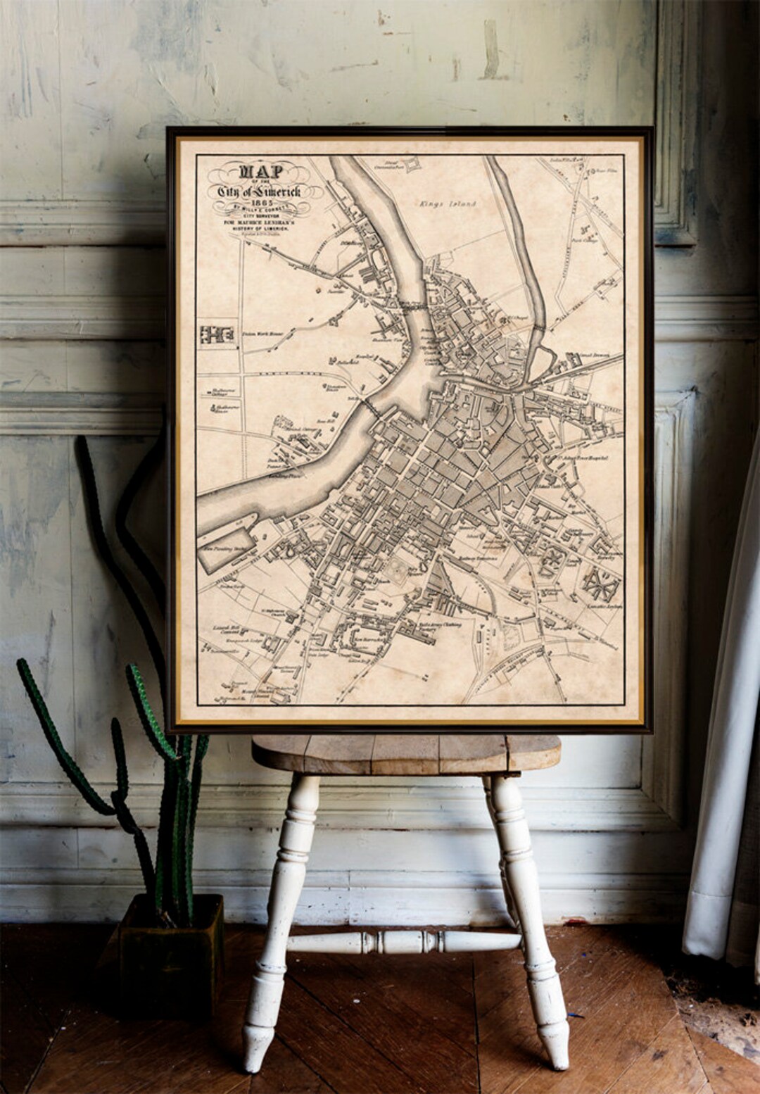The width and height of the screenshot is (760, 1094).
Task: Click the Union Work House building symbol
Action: point(217,334)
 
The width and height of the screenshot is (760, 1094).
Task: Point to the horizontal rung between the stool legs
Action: point(405,941)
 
